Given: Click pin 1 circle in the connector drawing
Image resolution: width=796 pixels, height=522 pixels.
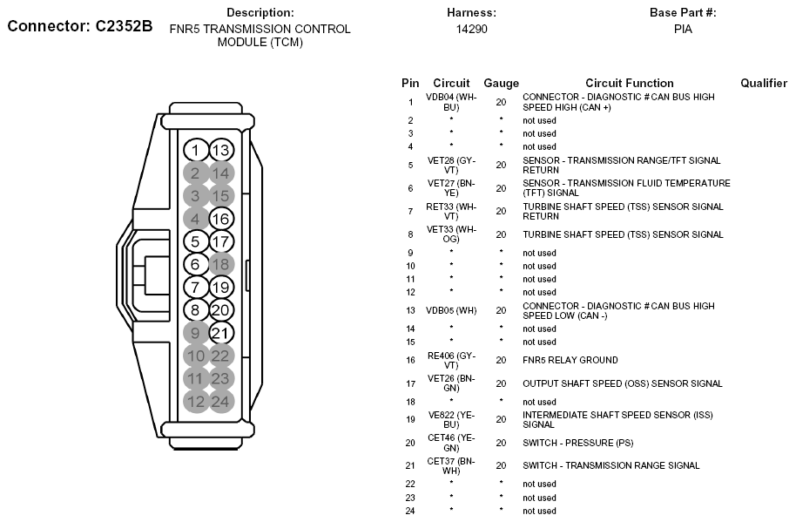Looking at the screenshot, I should point(196,151).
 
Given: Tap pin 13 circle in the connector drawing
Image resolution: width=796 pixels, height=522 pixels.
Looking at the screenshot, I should point(221,151).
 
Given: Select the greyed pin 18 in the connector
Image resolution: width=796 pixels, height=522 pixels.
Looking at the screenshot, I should point(221,264).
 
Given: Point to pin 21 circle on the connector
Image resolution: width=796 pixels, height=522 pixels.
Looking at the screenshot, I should point(221,332).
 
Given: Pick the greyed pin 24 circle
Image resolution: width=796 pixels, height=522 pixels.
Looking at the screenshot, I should point(221,401).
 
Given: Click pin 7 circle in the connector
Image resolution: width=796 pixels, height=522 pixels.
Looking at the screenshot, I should point(196,287).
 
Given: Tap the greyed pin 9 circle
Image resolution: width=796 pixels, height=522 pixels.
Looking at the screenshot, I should point(196,332).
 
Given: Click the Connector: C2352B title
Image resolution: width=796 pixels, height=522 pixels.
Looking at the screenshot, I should point(80,26).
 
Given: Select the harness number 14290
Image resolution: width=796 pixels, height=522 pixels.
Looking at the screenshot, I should point(471,29).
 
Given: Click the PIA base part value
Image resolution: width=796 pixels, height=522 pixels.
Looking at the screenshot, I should point(683,29).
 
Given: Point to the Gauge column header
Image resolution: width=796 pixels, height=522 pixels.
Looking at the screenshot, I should point(501,83).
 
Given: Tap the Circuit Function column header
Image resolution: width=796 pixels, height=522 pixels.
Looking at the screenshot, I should point(629,83).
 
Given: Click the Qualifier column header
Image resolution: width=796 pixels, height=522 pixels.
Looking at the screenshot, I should point(764,83).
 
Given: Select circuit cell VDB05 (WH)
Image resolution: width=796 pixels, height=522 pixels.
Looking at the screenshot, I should point(451,310).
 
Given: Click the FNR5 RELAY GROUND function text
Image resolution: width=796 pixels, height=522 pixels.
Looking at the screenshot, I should point(570,360).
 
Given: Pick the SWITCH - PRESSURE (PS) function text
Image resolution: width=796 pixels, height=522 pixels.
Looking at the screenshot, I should point(577,443).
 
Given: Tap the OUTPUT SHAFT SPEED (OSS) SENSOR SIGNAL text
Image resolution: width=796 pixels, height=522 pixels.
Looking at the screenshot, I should point(622,383).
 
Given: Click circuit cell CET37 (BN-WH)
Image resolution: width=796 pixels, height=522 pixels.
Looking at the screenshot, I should point(451,465).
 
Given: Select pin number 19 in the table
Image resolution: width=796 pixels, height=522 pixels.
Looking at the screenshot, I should point(410,419).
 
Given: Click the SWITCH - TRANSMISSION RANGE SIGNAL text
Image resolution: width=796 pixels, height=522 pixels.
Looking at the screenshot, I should point(610,465).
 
